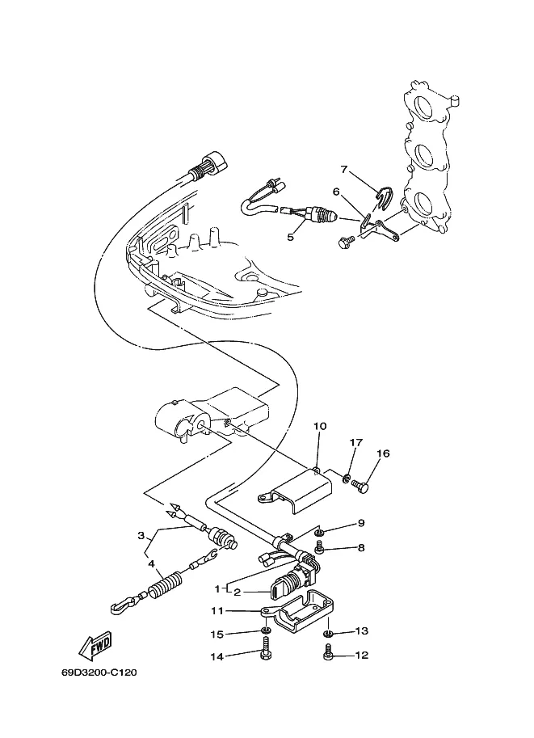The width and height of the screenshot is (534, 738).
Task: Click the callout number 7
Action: [344, 169]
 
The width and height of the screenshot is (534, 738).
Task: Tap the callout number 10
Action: [320, 427]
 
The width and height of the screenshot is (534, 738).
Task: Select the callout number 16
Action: [384, 453]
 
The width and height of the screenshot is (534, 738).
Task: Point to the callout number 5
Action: [290, 237]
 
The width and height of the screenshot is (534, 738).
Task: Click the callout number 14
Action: [217, 656]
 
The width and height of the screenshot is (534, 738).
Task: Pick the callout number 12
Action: [362, 655]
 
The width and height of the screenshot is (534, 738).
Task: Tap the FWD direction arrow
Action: [95, 644]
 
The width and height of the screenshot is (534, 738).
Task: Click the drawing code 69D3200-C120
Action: [99, 672]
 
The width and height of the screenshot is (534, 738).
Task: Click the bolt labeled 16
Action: [360, 485]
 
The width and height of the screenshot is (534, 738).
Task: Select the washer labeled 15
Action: [267, 630]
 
